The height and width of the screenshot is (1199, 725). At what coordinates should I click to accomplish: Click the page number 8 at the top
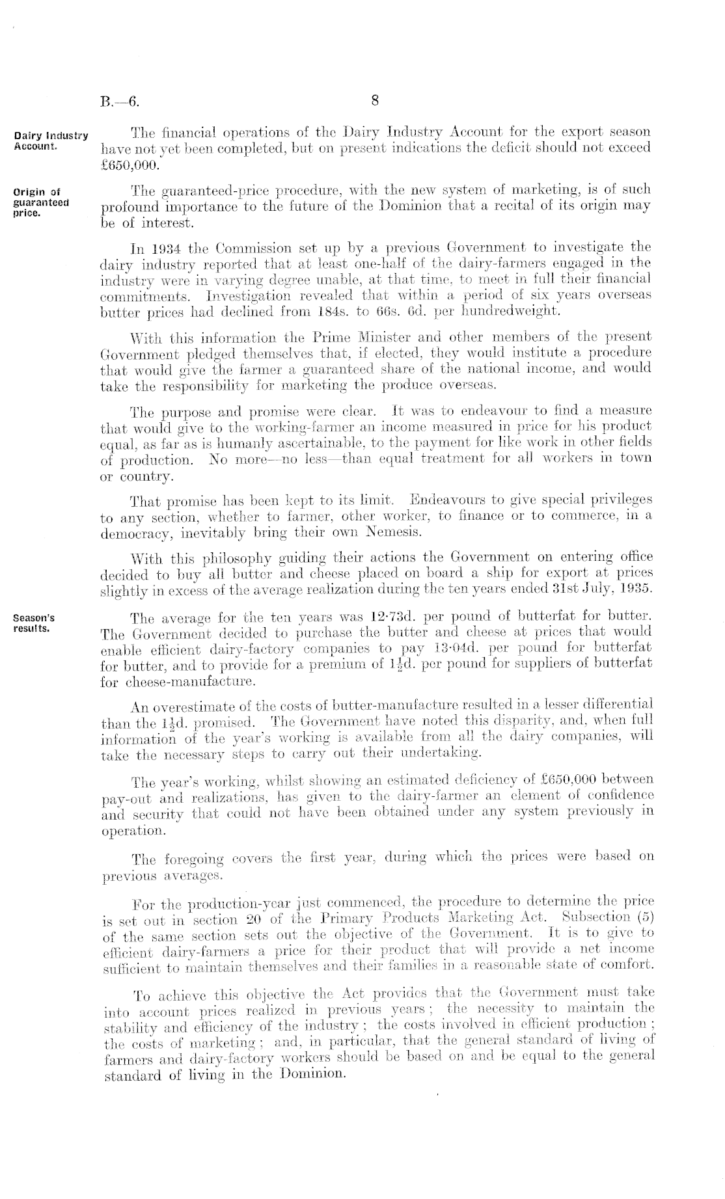click(x=375, y=100)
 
